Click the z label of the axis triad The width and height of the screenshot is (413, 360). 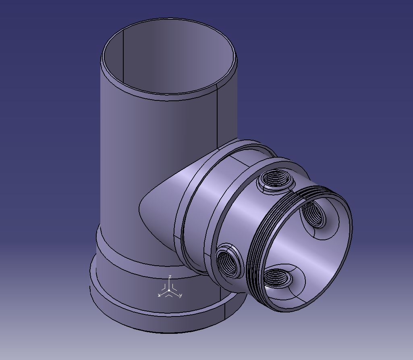pyautogui.click(x=170, y=277)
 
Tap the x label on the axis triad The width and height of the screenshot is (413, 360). pyautogui.click(x=159, y=295)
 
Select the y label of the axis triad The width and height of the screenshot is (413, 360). pyautogui.click(x=181, y=295)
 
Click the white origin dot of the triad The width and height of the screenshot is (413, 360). pyautogui.click(x=169, y=290)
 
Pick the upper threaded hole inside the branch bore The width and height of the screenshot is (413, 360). pyautogui.click(x=314, y=213)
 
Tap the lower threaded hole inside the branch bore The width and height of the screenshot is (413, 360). pyautogui.click(x=278, y=279)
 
